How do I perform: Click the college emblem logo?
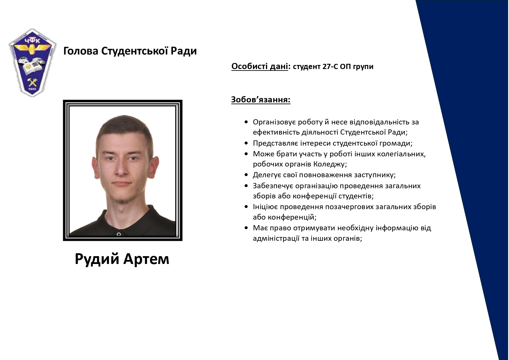(x=32, y=63)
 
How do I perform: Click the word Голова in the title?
(x=81, y=51)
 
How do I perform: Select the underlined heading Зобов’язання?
(x=261, y=100)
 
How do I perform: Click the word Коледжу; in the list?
(x=330, y=164)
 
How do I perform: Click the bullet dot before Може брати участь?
(x=246, y=154)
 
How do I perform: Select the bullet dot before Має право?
(x=246, y=228)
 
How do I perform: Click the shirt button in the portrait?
(x=119, y=234)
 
